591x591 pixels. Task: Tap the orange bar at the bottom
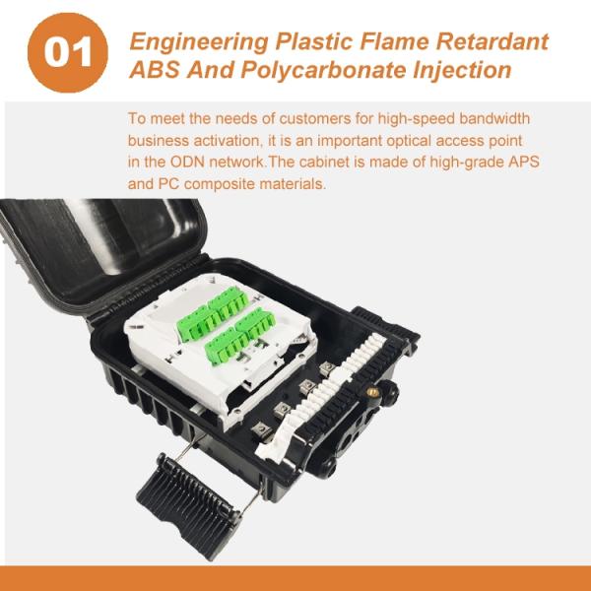295,578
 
